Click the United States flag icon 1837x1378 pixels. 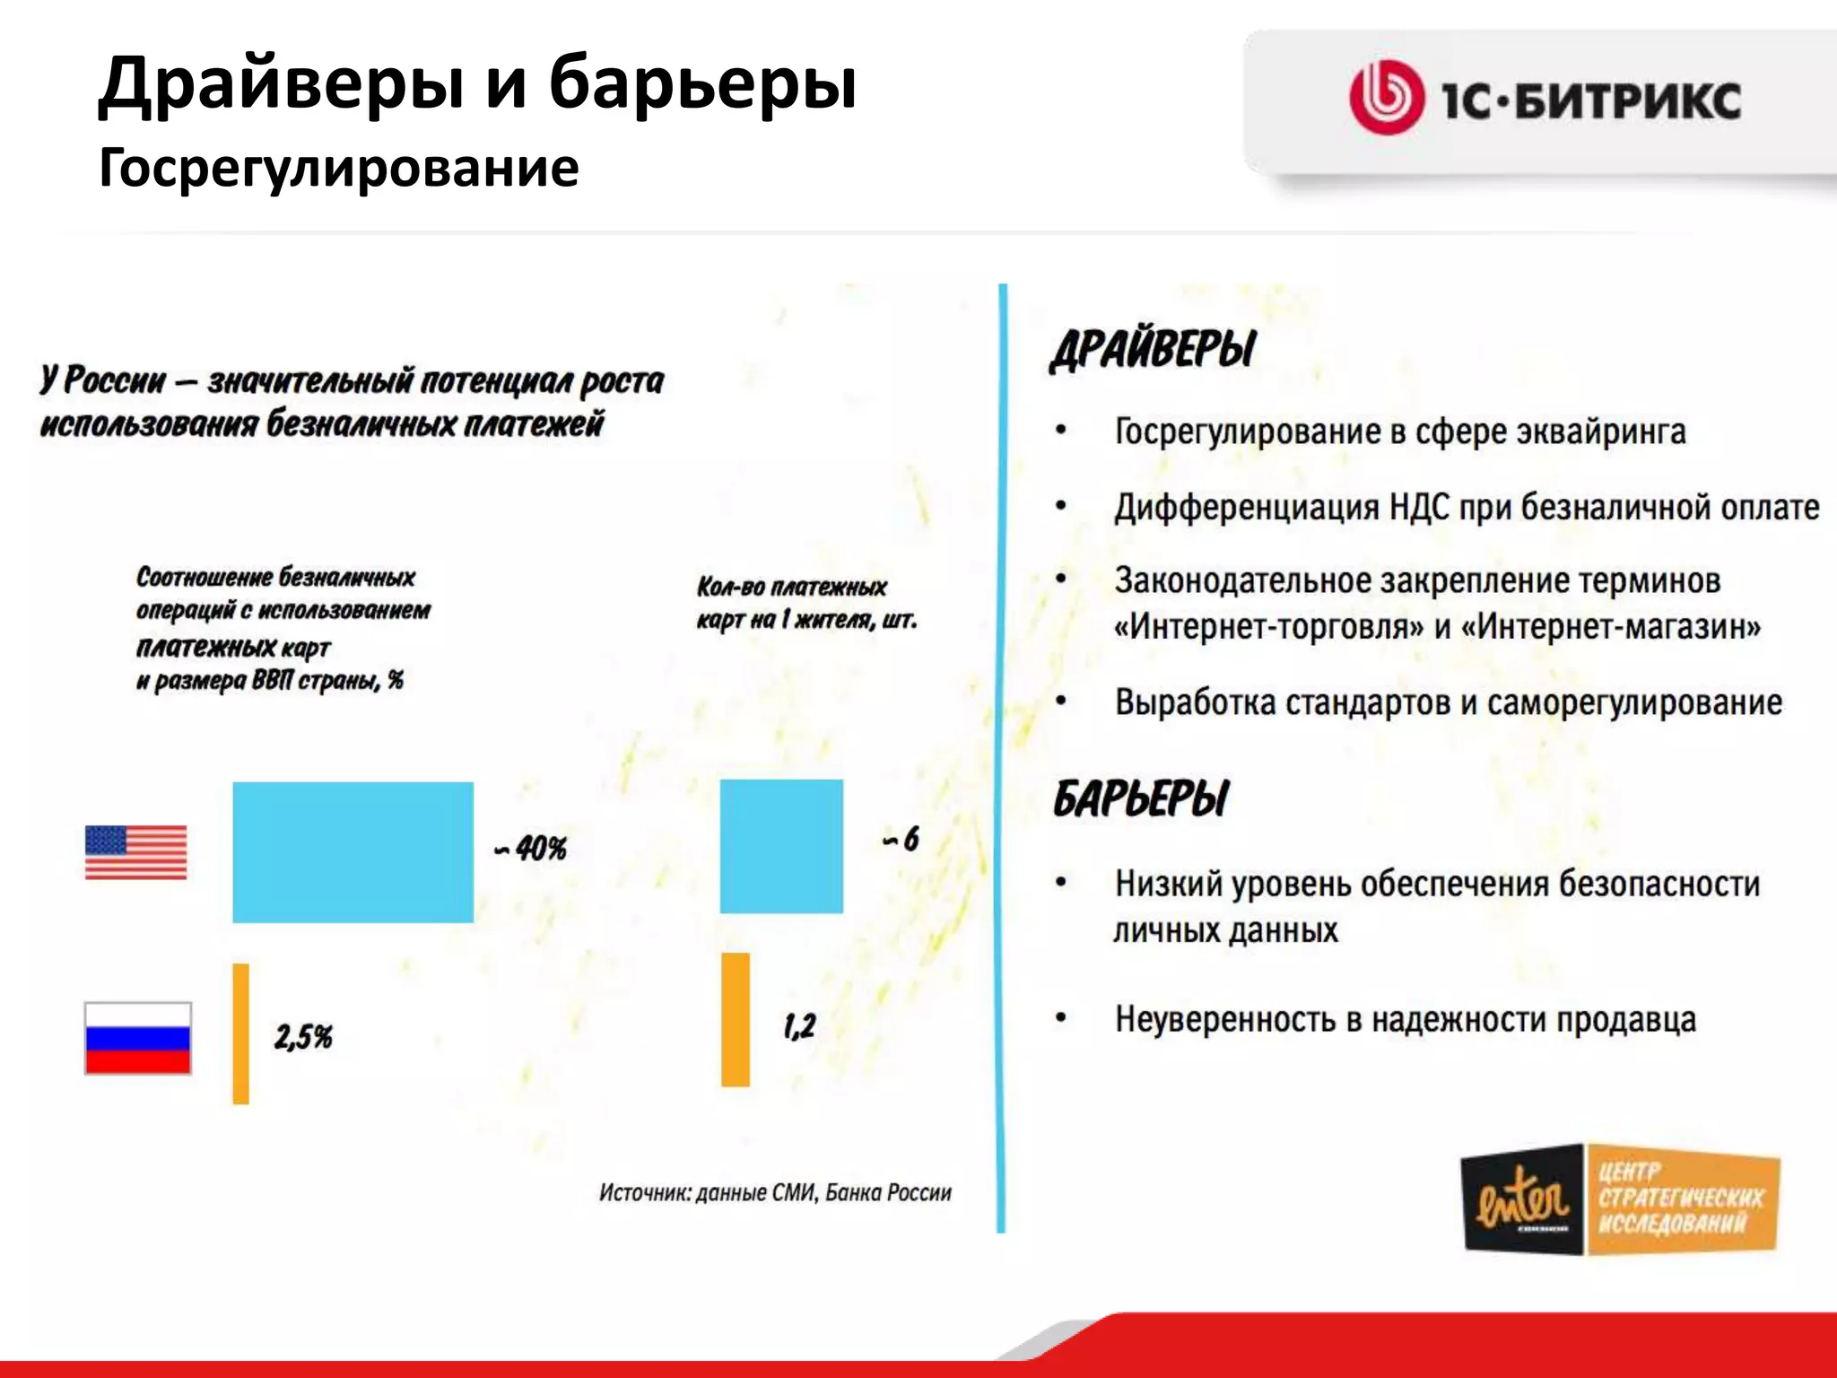click(135, 851)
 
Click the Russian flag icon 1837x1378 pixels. click(137, 1038)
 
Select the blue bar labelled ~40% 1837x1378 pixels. click(353, 851)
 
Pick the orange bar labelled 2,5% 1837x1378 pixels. click(240, 1033)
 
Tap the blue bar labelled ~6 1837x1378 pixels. click(781, 846)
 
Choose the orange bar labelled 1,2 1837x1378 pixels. click(736, 1019)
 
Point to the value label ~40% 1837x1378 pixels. click(531, 848)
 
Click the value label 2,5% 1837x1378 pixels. click(303, 1037)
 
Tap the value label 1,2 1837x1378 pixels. click(799, 1025)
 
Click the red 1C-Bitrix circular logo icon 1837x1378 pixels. click(1386, 98)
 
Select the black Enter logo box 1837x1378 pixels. click(1522, 1199)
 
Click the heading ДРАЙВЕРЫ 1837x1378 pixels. click(1154, 349)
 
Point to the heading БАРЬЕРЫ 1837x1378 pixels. click(1141, 798)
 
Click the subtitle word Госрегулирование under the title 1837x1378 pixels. click(338, 168)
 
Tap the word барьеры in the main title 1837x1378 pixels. click(702, 83)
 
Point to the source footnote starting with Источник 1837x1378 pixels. click(775, 1192)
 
